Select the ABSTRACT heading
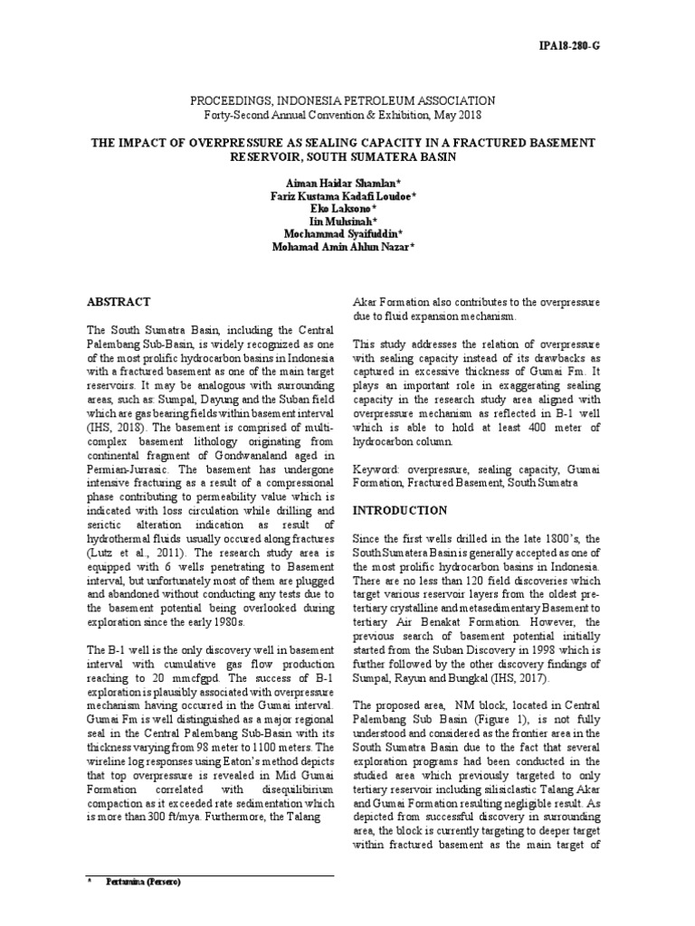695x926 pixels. (x=119, y=302)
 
